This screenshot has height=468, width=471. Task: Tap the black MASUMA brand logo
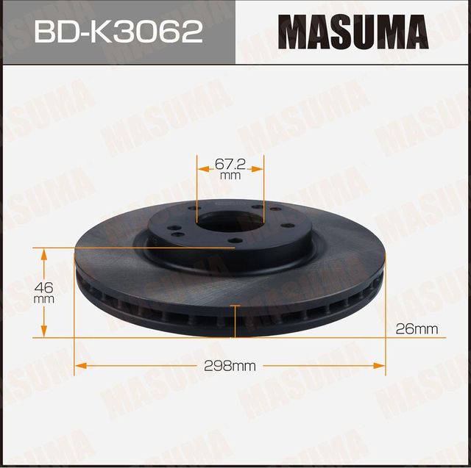[353, 33]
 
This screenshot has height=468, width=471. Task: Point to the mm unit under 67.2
[230, 176]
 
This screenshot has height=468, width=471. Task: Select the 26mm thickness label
[416, 329]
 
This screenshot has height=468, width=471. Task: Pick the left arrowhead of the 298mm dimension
[80, 364]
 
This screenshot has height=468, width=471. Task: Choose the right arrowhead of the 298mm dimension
[380, 364]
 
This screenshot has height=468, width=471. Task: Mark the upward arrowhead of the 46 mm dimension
[44, 255]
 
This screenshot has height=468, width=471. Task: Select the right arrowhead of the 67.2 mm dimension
[258, 168]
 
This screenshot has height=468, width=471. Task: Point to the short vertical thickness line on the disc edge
[235, 320]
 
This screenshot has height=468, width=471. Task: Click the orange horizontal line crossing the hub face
[147, 248]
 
